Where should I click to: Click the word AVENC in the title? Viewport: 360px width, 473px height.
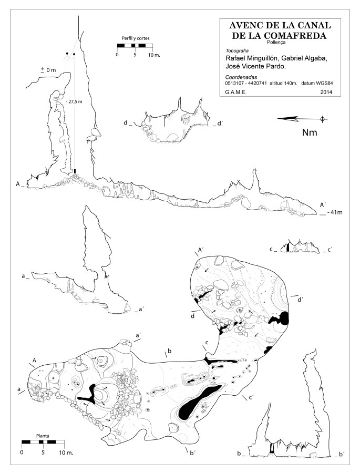pyautogui.click(x=243, y=25)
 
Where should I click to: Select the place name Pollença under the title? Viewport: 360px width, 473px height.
pyautogui.click(x=276, y=43)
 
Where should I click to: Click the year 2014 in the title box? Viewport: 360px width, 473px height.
pyautogui.click(x=326, y=92)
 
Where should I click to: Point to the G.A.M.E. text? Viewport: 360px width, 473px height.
pyautogui.click(x=235, y=92)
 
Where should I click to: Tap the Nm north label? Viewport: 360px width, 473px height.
pyautogui.click(x=310, y=132)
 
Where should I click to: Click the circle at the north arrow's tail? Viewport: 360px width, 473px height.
pyautogui.click(x=323, y=119)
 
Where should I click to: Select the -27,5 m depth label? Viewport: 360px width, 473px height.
pyautogui.click(x=74, y=101)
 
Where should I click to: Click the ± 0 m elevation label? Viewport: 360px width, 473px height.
pyautogui.click(x=48, y=70)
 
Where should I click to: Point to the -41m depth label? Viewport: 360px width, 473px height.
pyautogui.click(x=335, y=212)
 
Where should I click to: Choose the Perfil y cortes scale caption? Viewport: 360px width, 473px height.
pyautogui.click(x=136, y=38)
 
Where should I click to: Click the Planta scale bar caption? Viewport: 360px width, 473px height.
pyautogui.click(x=43, y=436)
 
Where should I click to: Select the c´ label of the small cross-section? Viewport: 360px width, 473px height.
pyautogui.click(x=330, y=250)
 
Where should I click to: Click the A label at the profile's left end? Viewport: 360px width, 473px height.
pyautogui.click(x=18, y=184)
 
